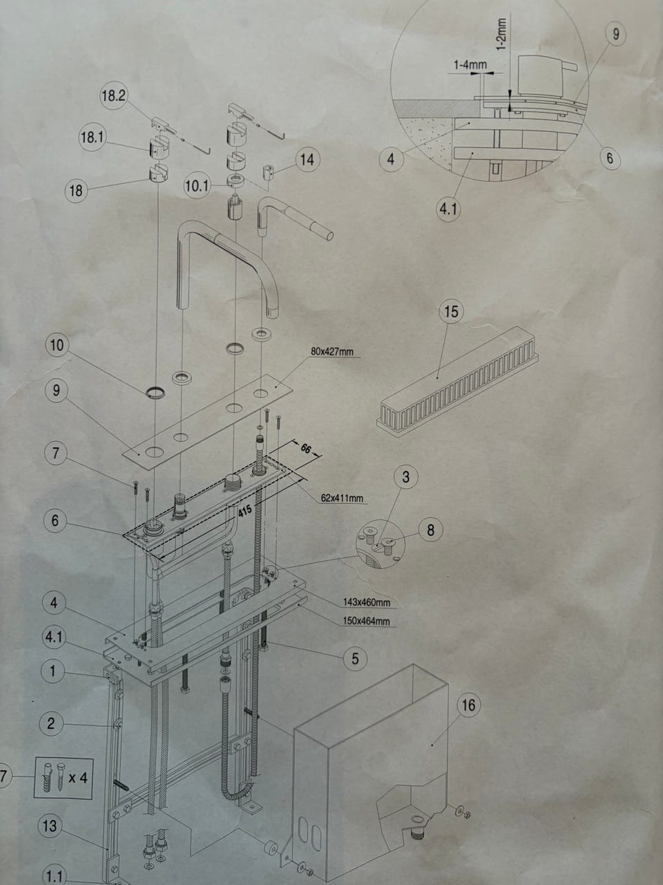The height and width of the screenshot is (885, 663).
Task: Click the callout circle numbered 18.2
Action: pyautogui.click(x=114, y=96)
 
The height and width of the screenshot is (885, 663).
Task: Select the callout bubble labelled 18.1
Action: pyautogui.click(x=92, y=138)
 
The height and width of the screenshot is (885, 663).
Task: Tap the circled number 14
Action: pyautogui.click(x=307, y=160)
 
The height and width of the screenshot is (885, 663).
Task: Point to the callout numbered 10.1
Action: pyautogui.click(x=197, y=186)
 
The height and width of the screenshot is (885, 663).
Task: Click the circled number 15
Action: pyautogui.click(x=451, y=311)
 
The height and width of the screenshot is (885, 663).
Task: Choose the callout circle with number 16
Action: pyautogui.click(x=469, y=705)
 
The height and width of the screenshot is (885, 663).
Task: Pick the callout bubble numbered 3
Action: pyautogui.click(x=406, y=477)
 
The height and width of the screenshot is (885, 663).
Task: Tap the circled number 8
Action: pyautogui.click(x=431, y=530)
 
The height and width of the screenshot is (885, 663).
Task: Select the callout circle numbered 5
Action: pyautogui.click(x=355, y=658)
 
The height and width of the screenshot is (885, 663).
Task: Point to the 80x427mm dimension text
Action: pyautogui.click(x=332, y=352)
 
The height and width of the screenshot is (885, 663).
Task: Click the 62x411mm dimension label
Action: pyautogui.click(x=342, y=499)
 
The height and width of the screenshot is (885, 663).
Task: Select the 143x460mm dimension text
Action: pyautogui.click(x=367, y=603)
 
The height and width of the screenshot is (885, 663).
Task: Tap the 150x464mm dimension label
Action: pyautogui.click(x=366, y=621)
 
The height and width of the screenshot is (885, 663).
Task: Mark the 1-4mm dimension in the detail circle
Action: pyautogui.click(x=470, y=65)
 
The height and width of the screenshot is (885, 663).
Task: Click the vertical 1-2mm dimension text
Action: pyautogui.click(x=501, y=35)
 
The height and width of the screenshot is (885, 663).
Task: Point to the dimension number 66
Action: pyautogui.click(x=306, y=448)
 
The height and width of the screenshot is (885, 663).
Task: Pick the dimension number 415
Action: pyautogui.click(x=244, y=511)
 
